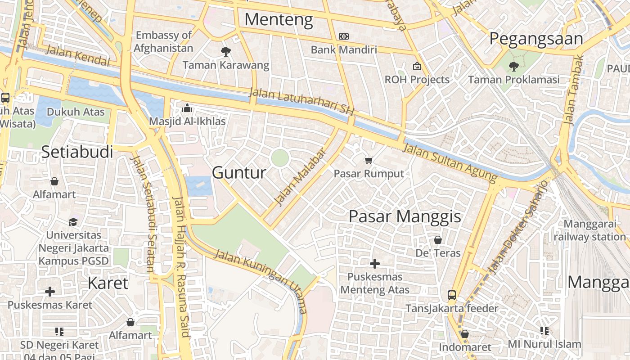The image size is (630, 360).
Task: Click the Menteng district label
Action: [279, 20]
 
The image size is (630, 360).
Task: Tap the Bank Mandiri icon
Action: [344, 36]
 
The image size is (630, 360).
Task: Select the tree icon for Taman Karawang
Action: [226, 52]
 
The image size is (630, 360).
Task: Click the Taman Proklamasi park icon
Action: [513, 67]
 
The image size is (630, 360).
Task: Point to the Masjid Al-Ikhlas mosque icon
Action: [187, 108]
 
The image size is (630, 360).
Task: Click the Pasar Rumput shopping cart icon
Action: [369, 160]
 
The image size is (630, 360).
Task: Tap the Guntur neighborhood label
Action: [239, 172]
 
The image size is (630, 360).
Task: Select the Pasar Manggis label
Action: [405, 216]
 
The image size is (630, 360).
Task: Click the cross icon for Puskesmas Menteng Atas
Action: [375, 264]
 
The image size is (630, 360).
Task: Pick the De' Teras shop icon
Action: [438, 240]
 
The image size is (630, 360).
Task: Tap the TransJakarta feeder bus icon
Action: [452, 295]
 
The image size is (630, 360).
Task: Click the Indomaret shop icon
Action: [465, 334]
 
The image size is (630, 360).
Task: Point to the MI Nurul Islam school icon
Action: [544, 331]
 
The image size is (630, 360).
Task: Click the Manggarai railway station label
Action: [589, 230]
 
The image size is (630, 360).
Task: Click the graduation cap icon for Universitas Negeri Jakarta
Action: [73, 222]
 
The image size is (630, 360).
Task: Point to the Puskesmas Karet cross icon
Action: [50, 292]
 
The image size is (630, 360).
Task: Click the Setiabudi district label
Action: [77, 152]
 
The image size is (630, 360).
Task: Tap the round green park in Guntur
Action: [280, 158]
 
